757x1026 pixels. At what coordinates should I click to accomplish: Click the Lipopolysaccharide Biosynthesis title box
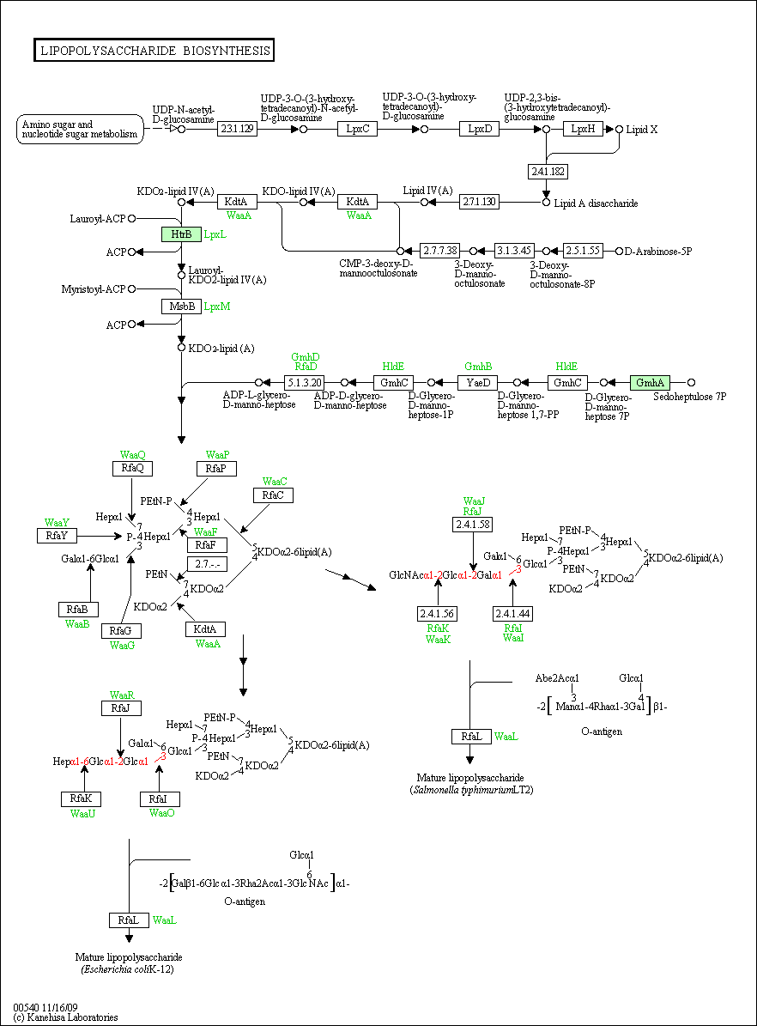point(154,51)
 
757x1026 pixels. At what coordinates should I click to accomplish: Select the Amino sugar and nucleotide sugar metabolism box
point(80,130)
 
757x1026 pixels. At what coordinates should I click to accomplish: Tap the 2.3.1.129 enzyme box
point(237,129)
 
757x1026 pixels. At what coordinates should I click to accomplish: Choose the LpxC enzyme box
point(357,129)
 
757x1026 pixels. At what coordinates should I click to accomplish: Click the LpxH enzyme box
point(583,129)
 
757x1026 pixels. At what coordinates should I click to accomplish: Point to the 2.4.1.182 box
point(548,172)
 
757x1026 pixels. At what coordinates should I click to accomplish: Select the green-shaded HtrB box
point(181,234)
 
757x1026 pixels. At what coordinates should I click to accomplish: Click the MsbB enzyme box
point(181,307)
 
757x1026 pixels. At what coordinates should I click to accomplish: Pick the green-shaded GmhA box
point(650,383)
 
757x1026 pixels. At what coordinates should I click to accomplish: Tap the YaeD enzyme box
point(477,383)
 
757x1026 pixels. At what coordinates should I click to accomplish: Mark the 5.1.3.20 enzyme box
point(304,383)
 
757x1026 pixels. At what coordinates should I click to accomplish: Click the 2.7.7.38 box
point(439,251)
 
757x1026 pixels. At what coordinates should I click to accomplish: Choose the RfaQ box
point(132,469)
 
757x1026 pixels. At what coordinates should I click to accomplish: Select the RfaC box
point(273,495)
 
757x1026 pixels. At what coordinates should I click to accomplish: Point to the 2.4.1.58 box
point(472,525)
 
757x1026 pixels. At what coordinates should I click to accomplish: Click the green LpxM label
point(217,307)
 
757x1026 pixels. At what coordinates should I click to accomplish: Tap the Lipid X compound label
point(642,130)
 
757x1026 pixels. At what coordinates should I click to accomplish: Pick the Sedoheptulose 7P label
point(689,397)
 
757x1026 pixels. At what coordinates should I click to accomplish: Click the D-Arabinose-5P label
point(658,252)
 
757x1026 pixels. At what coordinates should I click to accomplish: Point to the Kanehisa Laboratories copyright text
point(65,1017)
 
